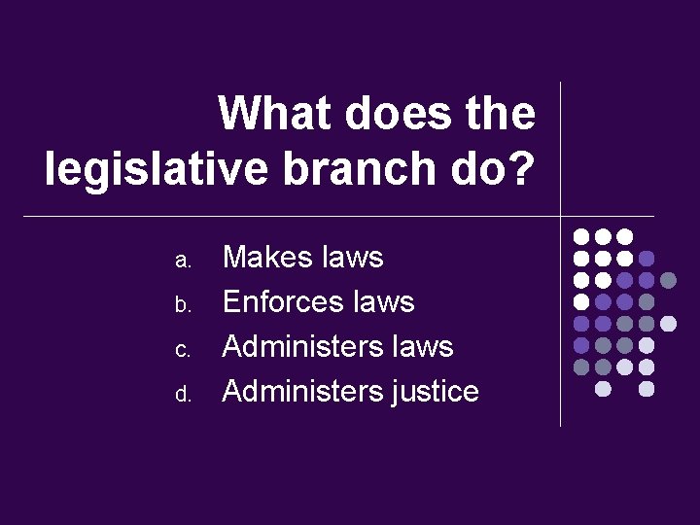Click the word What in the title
click(x=272, y=113)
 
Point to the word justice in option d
click(x=434, y=392)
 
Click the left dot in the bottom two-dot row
click(x=604, y=389)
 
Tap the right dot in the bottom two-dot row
click(x=647, y=389)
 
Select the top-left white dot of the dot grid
click(x=581, y=236)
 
